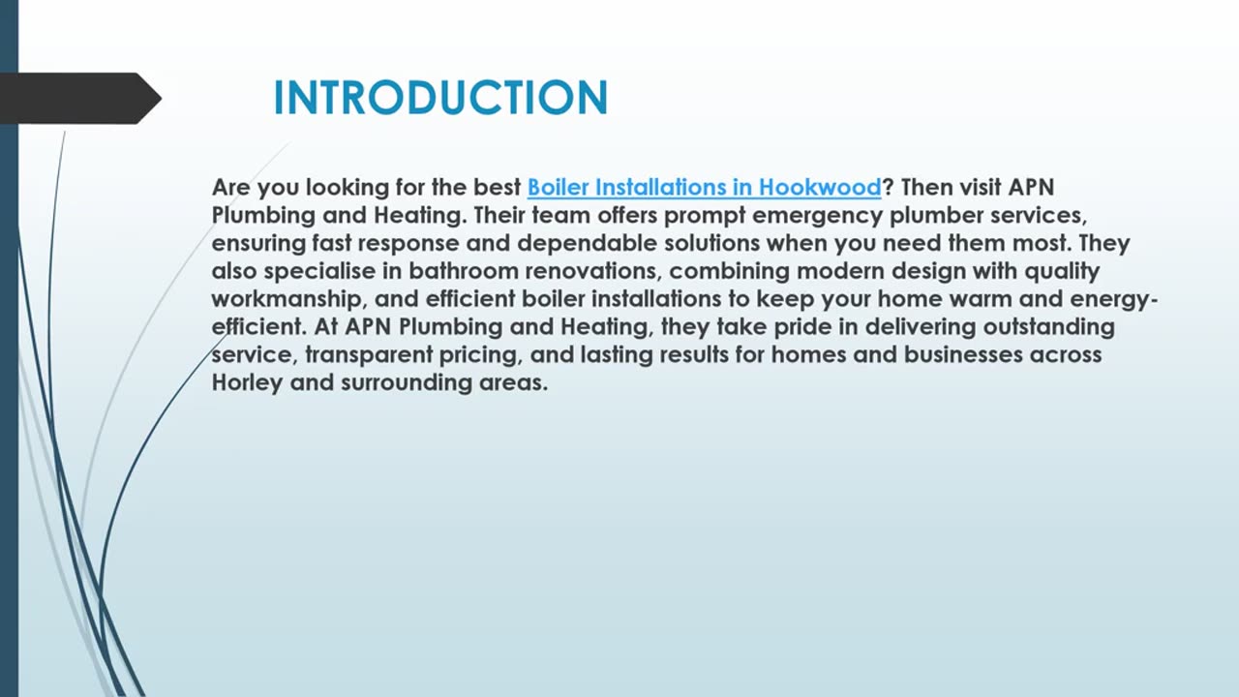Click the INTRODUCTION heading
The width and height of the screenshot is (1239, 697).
(440, 98)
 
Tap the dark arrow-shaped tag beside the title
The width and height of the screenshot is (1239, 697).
(77, 98)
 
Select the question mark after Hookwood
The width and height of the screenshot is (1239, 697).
(888, 187)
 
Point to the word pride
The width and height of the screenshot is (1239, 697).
(803, 327)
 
